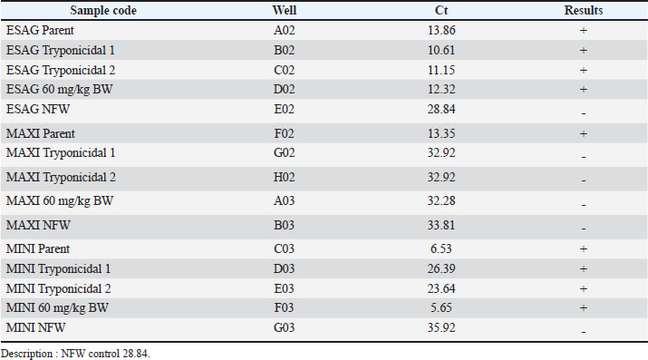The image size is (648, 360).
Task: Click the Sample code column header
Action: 103,10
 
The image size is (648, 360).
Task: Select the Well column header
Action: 285,10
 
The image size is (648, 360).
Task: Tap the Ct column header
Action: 441,10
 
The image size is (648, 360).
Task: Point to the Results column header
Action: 584,10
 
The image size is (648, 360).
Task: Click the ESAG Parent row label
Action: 40,30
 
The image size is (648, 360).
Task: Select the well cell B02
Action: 285,50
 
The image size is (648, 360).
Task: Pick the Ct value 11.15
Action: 441,70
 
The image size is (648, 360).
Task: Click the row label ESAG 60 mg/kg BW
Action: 60,89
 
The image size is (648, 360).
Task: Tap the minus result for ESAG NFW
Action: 584,113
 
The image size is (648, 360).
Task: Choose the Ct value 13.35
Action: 441,133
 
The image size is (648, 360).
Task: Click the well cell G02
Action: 285,153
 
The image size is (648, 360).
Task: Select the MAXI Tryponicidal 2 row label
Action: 61,178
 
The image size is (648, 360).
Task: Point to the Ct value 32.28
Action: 441,201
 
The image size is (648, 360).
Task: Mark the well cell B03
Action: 285,225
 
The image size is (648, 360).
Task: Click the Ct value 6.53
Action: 441,248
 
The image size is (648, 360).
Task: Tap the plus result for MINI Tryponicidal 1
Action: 584,269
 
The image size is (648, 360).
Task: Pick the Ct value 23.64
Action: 441,288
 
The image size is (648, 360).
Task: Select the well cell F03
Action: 284,308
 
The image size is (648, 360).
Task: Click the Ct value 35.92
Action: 441,327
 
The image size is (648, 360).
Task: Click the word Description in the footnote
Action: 26,354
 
